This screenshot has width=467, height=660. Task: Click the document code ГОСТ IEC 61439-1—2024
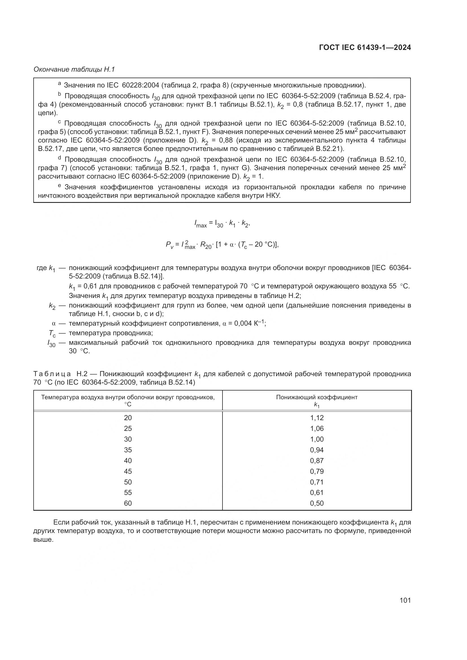coord(365,48)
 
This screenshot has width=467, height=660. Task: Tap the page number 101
coord(405,600)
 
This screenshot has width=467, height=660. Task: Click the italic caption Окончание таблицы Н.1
coord(74,69)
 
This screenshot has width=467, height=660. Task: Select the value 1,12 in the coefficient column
coord(317,418)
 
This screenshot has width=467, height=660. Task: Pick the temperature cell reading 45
coord(128,471)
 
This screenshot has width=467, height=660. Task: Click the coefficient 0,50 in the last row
coord(317,503)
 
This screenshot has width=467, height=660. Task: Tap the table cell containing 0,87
coord(317,461)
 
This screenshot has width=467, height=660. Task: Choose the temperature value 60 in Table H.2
coord(128,503)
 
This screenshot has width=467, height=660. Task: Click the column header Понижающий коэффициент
coord(317,397)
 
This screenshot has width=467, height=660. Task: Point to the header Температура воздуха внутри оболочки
coord(128,397)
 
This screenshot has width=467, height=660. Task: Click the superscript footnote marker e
coord(60,186)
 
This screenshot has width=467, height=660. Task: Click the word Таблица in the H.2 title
coord(52,374)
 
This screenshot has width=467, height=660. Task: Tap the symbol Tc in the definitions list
coord(52,334)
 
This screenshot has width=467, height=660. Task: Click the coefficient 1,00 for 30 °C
coord(317,439)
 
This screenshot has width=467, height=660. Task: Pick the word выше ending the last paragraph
coord(43,540)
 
